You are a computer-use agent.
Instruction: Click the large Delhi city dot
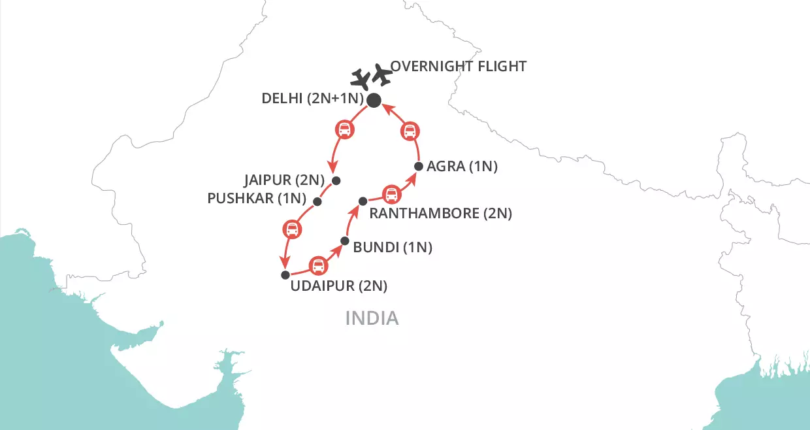374,100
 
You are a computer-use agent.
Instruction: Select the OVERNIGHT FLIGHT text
459,67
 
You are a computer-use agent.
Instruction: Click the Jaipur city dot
336,181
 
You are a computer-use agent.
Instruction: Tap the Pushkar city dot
317,201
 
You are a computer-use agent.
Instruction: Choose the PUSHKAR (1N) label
256,198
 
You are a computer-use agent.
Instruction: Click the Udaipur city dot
285,274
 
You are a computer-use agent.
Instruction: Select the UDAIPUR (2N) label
340,286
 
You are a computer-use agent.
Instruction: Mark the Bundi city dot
345,240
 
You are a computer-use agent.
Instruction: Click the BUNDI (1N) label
392,248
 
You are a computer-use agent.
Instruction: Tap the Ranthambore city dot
363,201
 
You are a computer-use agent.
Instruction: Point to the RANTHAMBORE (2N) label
440,213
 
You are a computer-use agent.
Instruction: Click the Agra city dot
419,166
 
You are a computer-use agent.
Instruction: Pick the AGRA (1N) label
462,167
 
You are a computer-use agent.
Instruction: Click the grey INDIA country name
371,318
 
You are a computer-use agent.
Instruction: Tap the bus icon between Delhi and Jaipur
345,129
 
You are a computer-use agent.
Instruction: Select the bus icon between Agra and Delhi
410,132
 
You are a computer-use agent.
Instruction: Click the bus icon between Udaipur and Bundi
318,265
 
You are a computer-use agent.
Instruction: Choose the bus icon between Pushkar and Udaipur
292,229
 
